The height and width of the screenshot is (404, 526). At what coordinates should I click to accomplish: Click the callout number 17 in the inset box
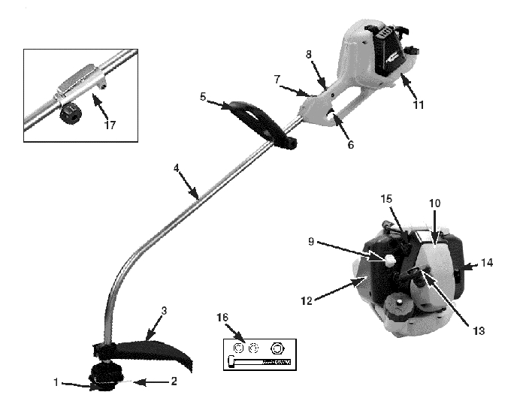(110, 125)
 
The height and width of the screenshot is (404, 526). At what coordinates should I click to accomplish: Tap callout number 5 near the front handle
(203, 97)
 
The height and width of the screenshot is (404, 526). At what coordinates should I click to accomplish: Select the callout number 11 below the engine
(419, 105)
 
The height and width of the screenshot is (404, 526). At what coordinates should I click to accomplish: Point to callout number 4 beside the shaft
(177, 168)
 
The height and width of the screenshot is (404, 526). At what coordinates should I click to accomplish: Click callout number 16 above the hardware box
(222, 317)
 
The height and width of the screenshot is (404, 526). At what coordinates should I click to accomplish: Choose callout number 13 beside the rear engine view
(479, 331)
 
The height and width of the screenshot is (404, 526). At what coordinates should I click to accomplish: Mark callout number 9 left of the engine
(311, 241)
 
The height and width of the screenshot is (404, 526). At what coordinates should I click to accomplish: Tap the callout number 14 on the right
(487, 263)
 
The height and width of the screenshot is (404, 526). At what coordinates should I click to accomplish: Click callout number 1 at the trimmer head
(56, 382)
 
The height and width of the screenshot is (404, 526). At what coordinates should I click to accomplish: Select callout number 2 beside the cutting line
(174, 381)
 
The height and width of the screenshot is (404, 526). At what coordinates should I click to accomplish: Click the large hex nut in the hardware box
(277, 349)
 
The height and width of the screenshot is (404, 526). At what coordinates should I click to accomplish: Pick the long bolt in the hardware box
(259, 362)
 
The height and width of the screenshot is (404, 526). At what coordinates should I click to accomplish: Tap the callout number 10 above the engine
(435, 204)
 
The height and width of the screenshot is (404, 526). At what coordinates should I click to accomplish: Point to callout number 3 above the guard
(164, 311)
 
